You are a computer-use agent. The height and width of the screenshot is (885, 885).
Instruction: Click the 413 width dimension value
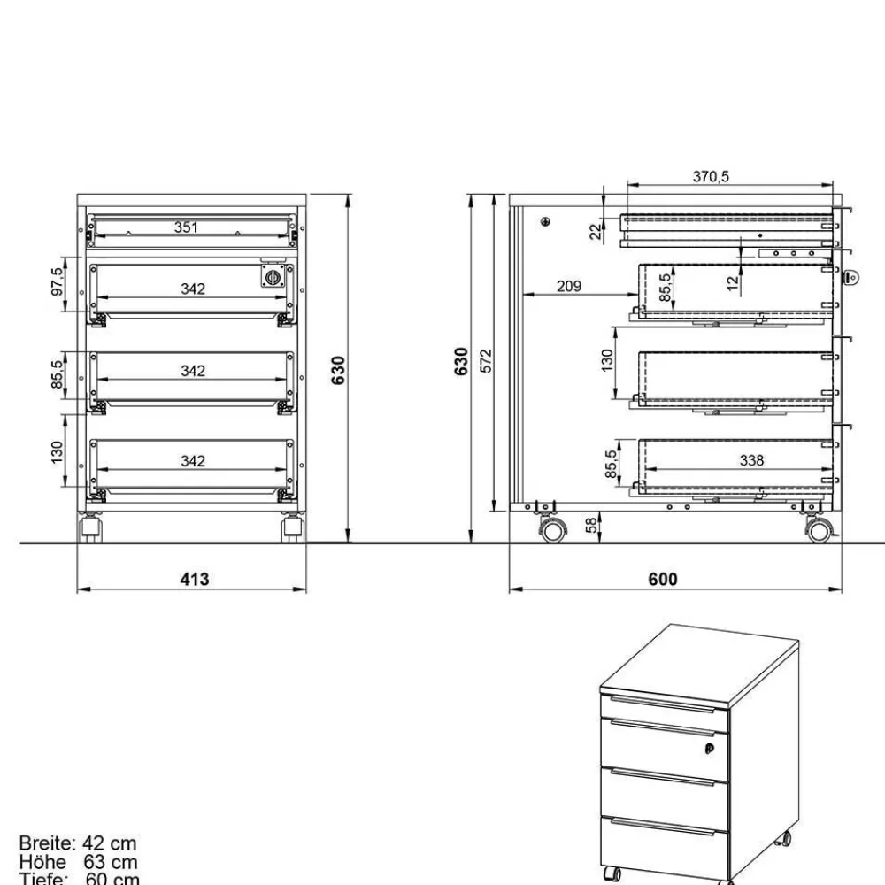[x=195, y=579]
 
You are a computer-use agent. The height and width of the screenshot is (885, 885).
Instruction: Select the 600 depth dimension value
[x=662, y=579]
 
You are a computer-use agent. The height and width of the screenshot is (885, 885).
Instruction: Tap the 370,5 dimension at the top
[x=710, y=177]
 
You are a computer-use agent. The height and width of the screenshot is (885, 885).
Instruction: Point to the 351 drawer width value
[x=186, y=227]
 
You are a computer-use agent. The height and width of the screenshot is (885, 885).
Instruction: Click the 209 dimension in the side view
[x=569, y=286]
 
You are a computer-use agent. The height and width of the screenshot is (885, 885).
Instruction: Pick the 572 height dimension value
[x=486, y=360]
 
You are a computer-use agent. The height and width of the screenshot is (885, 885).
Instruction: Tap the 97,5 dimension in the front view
[x=58, y=282]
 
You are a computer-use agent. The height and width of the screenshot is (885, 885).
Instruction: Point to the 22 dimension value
[x=596, y=231]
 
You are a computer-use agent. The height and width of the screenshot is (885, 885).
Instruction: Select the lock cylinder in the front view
[x=273, y=277]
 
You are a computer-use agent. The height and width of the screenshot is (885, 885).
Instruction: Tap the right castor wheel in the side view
[x=819, y=530]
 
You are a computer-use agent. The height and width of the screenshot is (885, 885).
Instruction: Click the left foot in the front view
[x=91, y=529]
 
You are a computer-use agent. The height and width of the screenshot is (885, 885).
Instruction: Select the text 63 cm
[x=111, y=861]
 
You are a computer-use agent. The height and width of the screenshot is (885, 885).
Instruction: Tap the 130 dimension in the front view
[x=58, y=452]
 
